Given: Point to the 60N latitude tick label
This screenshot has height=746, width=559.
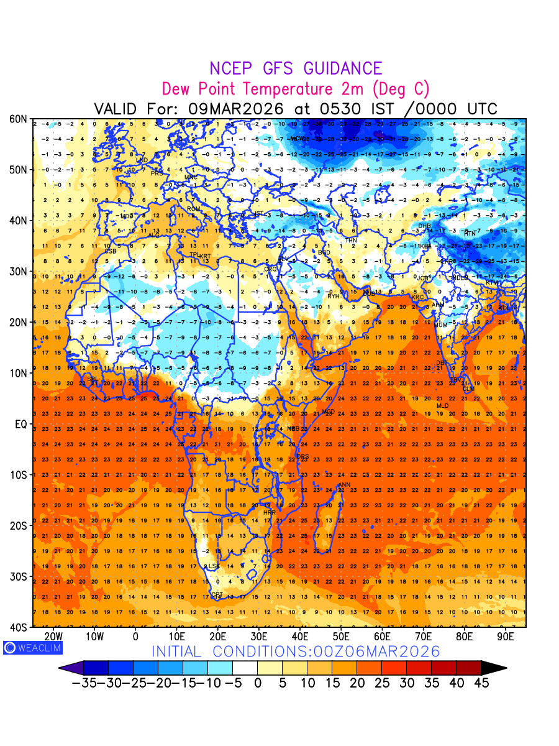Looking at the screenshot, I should [17, 119].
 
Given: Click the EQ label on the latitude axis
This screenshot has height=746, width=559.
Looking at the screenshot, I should [20, 424].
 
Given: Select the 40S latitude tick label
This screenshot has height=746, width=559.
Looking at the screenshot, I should [17, 627].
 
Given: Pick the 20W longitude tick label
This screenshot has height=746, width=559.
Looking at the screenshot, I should [54, 636].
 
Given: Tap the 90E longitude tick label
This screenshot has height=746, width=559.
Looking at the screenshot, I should [506, 636].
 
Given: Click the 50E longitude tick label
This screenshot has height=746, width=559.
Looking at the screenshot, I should [341, 636].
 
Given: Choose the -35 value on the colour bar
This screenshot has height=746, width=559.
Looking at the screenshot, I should [84, 683].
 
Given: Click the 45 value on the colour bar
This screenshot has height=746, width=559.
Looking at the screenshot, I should [481, 683].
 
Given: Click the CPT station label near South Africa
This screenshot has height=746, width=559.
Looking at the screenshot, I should [217, 596].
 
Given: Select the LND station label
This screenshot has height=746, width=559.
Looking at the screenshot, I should [142, 160].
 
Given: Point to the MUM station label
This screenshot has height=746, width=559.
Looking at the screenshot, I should [441, 325].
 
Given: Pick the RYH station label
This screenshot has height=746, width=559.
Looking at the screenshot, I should [334, 297].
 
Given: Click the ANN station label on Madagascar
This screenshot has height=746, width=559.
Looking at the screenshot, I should [344, 485].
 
